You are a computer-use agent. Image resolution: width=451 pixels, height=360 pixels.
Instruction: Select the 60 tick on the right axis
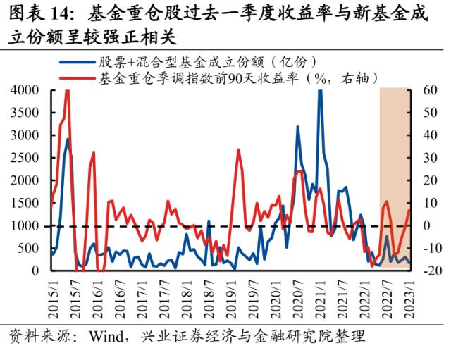(431, 90)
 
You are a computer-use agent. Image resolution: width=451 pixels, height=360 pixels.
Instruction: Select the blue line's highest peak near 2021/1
(320, 92)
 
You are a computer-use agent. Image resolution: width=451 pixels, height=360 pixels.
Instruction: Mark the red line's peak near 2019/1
(238, 150)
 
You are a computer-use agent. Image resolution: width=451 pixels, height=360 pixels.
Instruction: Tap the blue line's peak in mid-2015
(68, 139)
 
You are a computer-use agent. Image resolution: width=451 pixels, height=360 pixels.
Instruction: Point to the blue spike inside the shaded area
(387, 237)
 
